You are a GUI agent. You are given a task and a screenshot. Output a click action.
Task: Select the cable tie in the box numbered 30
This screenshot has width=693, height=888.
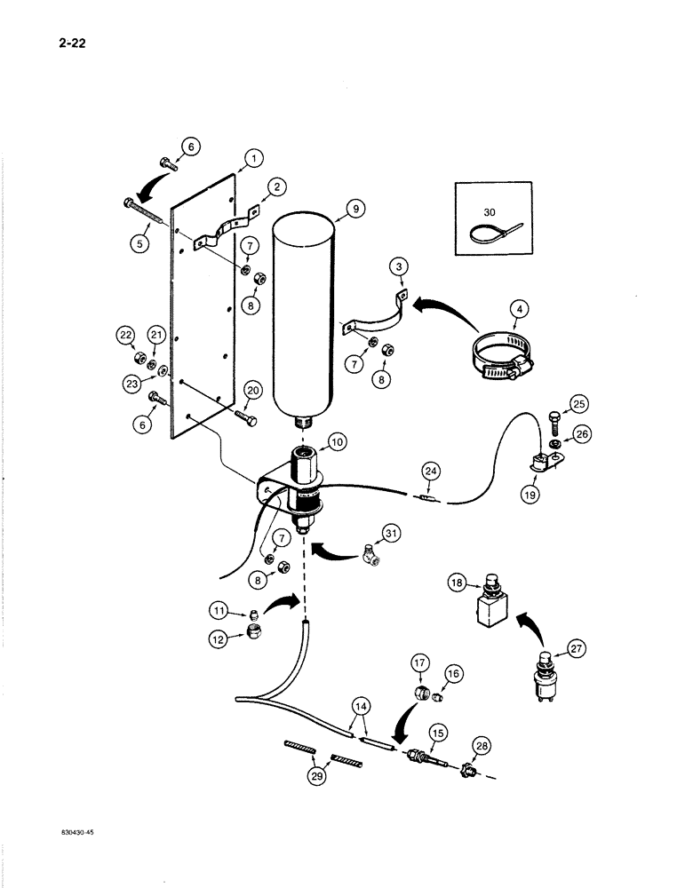[x=485, y=234]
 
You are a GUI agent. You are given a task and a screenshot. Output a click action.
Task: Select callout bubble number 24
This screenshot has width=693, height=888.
[x=430, y=470]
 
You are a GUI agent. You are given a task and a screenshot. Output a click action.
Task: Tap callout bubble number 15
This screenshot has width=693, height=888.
[x=437, y=735]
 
